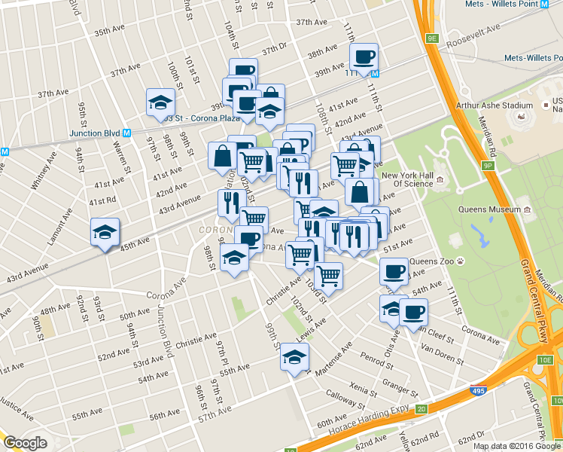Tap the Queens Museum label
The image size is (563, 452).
coord(489,210)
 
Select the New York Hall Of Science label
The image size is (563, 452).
coord(407,180)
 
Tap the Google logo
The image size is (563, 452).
coord(26,442)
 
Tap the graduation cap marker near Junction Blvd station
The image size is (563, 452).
coord(160,102)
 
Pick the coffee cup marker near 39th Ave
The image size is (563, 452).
coord(364,57)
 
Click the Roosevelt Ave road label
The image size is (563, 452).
coord(473,37)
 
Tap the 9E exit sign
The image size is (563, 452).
coord(431,38)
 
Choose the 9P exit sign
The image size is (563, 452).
coord(488,165)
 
